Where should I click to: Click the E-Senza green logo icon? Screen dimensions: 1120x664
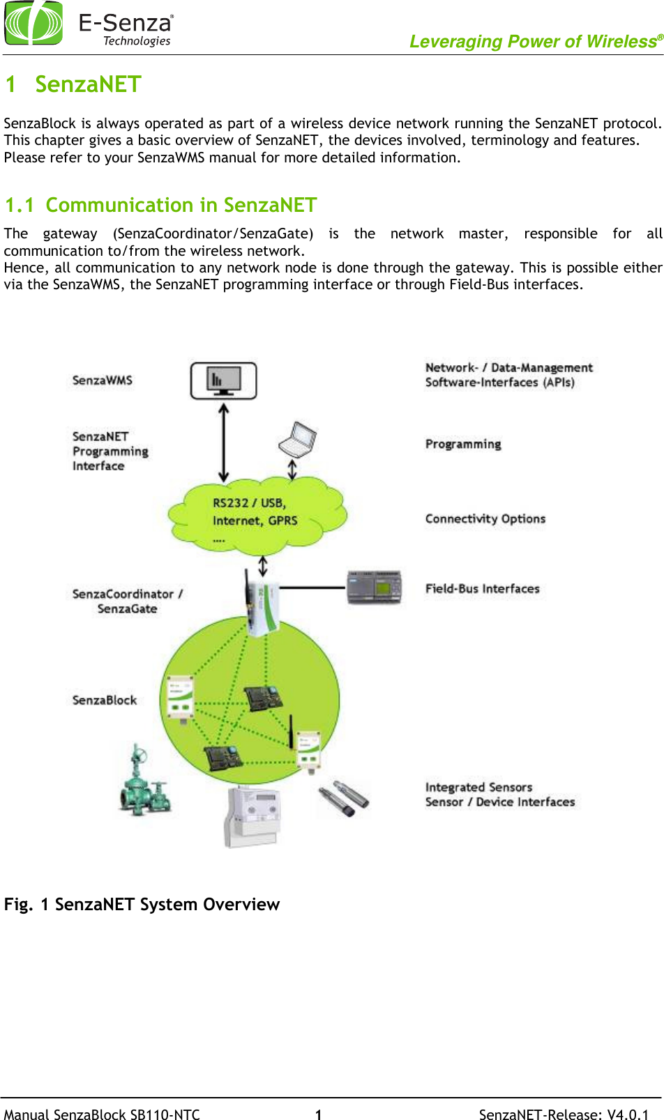point(33,22)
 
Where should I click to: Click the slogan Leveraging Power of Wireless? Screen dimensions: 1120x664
point(534,42)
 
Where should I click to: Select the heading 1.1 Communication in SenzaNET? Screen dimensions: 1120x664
point(160,205)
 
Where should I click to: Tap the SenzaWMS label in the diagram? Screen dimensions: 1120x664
point(102,380)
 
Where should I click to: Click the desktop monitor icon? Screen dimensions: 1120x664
point(223,381)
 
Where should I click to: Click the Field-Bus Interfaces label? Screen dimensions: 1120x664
point(482,588)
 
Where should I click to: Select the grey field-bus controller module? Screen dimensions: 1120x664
point(375,587)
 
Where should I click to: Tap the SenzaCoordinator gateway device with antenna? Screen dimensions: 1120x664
point(262,603)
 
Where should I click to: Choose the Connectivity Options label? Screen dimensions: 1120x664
point(485,519)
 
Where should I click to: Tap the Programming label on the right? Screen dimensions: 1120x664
point(463,444)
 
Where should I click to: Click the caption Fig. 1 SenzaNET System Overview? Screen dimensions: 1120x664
point(142,904)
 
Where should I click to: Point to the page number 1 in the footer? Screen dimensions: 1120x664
point(318,1114)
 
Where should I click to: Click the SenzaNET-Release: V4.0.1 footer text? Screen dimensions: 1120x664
point(564,1114)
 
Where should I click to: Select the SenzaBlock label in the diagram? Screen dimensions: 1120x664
point(104,700)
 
